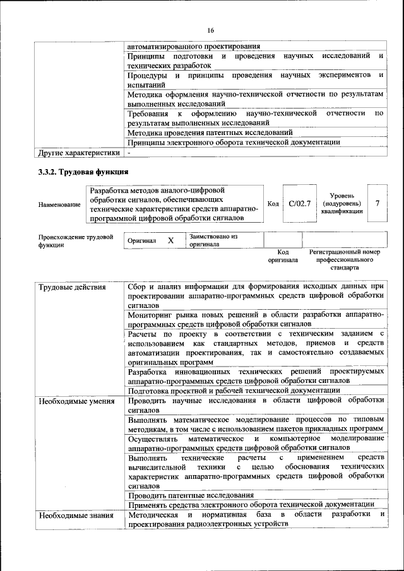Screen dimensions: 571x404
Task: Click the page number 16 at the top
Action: point(210,30)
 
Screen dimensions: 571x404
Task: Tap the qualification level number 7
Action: point(377,203)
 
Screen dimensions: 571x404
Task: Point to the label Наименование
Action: point(59,204)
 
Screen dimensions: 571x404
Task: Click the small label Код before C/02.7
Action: point(273,204)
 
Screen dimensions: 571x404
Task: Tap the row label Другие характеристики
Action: point(79,153)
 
